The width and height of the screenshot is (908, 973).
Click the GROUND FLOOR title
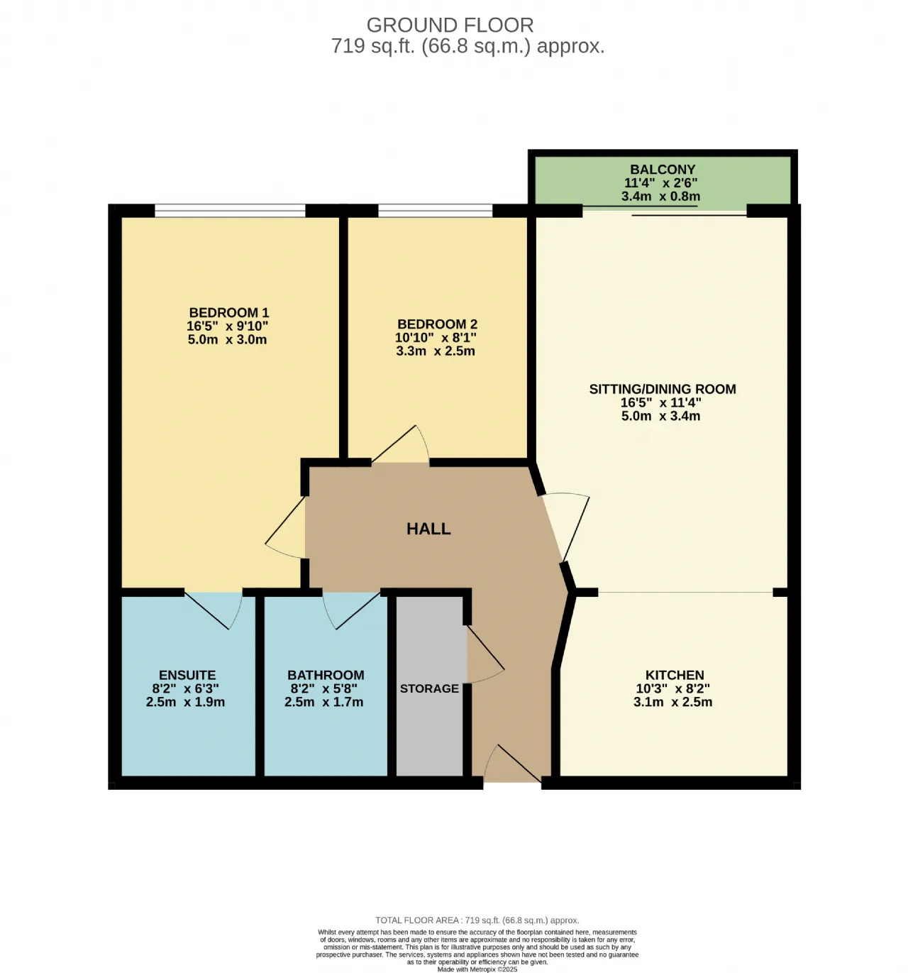[x=450, y=25]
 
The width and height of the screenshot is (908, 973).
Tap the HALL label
[x=428, y=529]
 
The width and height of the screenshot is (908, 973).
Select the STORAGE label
[x=429, y=688]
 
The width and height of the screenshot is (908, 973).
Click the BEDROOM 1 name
[x=228, y=312]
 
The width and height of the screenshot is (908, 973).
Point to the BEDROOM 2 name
[x=437, y=324]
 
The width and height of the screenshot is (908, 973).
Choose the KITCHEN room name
[x=674, y=675]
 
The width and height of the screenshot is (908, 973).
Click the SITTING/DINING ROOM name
[x=662, y=389]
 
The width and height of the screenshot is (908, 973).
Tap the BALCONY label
[x=662, y=170]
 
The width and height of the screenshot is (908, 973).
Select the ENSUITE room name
[x=187, y=675]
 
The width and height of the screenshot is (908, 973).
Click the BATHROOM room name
[x=326, y=675]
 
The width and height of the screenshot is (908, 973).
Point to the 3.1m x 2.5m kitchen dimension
[x=672, y=702]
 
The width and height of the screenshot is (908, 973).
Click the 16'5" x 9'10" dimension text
[x=227, y=326]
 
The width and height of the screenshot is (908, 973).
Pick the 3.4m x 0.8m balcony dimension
[x=660, y=197]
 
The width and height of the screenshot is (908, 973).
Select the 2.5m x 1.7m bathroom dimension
[x=323, y=702]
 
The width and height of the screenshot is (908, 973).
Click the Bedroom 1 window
[x=230, y=210]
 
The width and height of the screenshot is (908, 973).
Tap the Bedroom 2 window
[x=436, y=210]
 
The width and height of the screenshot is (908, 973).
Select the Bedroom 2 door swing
[x=401, y=443]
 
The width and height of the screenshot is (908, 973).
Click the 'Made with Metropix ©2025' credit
[x=477, y=969]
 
